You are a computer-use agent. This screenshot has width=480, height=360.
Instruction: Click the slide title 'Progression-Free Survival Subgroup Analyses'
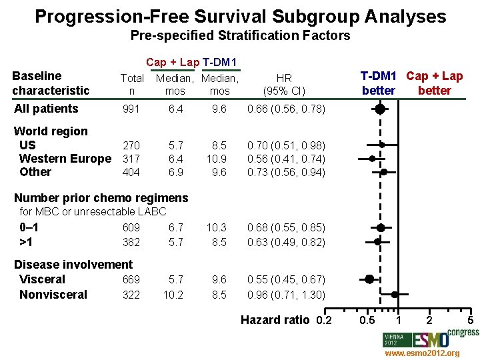240,16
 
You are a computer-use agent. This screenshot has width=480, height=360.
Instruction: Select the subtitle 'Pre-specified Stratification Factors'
240,35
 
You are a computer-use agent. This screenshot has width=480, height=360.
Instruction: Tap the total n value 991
131,109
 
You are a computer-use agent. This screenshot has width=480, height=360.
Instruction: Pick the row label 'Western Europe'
65,159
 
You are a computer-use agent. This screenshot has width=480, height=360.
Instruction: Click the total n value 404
131,172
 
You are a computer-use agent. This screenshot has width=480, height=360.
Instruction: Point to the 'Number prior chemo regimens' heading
101,198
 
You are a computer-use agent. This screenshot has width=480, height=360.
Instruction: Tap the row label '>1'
27,242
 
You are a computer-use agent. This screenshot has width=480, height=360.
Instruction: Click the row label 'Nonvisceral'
53,295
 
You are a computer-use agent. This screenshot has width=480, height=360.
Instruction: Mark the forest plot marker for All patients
379,109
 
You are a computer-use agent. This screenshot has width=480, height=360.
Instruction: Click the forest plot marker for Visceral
369,279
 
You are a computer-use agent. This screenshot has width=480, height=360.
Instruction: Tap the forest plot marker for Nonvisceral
395,294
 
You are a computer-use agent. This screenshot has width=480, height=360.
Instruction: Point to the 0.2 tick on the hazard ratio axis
323,321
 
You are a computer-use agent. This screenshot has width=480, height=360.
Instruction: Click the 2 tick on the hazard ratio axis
429,321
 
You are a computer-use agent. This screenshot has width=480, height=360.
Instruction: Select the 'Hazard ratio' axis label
275,321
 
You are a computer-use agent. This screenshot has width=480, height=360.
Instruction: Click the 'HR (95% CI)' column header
285,84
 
